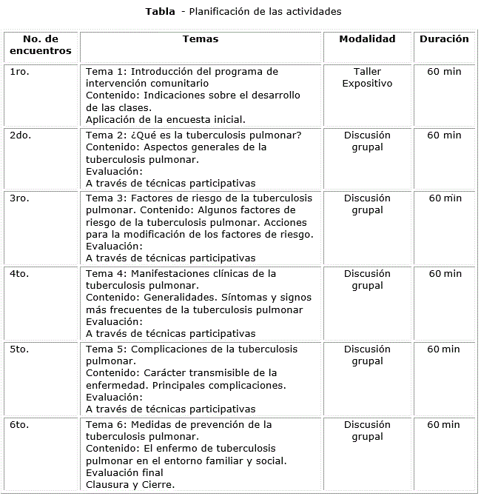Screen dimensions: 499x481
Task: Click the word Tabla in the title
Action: click(160, 11)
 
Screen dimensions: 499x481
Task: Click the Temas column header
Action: click(200, 39)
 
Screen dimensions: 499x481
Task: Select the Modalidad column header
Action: click(367, 39)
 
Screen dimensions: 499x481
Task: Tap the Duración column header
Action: click(444, 39)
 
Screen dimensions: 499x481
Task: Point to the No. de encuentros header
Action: click(41, 45)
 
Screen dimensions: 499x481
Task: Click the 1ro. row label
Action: click(20, 72)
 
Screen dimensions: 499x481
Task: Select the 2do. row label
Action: click(21, 135)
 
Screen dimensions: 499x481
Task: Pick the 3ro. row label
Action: click(20, 198)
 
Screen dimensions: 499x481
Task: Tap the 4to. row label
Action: click(20, 274)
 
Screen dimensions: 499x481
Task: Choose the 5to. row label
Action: click(20, 349)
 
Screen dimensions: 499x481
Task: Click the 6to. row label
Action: click(20, 425)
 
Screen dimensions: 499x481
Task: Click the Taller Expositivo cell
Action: click(367, 78)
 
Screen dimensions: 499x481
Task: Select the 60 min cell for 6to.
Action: click(444, 425)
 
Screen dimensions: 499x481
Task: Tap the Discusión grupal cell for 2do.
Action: click(367, 141)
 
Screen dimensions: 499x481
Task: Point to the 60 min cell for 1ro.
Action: click(444, 72)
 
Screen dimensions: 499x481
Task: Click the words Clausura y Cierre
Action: click(130, 485)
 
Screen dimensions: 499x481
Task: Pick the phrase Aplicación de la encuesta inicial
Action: click(166, 119)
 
